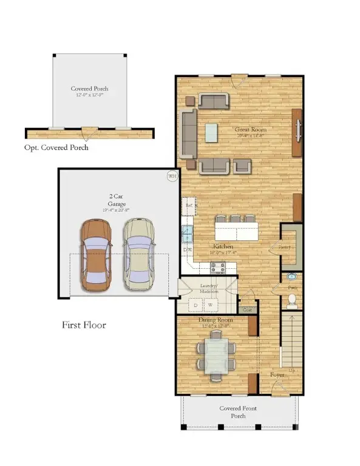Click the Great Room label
[251, 129]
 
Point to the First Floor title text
[84, 325]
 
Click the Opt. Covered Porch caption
[56, 147]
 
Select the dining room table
[216, 356]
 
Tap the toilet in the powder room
[291, 300]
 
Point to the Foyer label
[277, 375]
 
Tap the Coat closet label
[246, 310]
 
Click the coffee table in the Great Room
[211, 132]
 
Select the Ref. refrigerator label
[188, 206]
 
